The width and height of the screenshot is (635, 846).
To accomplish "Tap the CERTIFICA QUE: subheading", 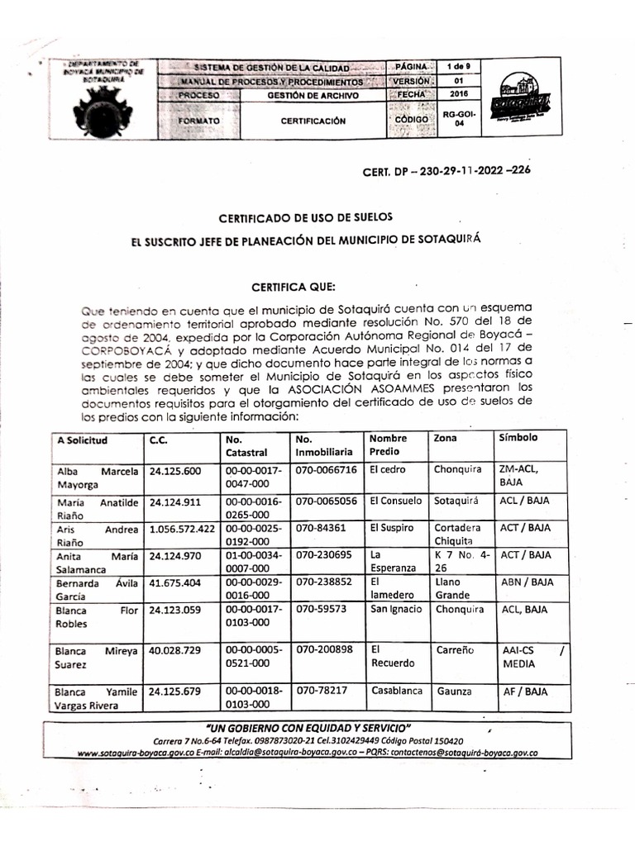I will coord(294,287).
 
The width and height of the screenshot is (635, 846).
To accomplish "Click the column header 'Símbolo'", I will coord(518,438).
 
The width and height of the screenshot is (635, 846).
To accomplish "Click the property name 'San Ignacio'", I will coord(395,610).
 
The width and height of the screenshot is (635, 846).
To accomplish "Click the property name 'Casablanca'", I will coord(397,690).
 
